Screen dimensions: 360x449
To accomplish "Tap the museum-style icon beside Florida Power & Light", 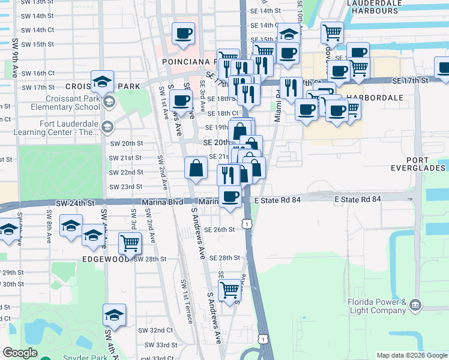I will pos(415,307).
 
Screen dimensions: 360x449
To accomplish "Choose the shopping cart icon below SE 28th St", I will pos(229,290).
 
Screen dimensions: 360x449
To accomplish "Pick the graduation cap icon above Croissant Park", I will pos(103,81).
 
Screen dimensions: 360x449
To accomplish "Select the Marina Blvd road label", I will pos(158,202).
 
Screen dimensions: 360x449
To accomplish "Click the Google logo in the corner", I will pos(20,353).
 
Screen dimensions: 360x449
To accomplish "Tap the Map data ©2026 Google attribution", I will pos(412,355).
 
